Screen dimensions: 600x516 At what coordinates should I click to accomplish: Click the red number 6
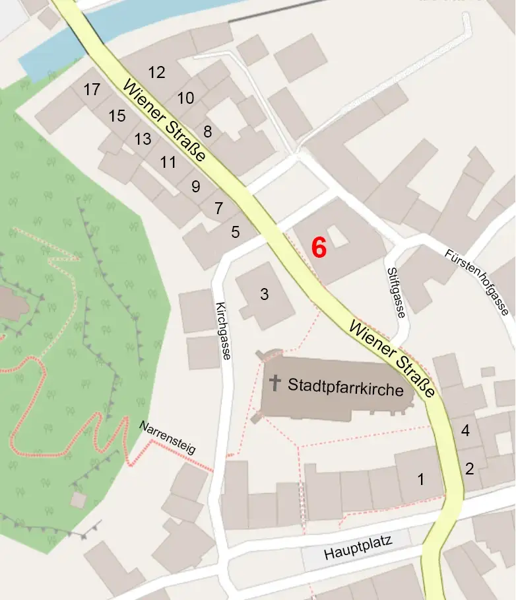[319, 248]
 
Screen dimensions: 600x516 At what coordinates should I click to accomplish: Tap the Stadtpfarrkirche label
[345, 388]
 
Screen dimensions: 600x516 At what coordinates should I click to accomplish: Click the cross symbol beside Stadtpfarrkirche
[275, 383]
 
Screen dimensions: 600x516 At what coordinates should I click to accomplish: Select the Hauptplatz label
[358, 548]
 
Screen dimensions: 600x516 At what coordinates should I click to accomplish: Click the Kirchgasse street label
[222, 330]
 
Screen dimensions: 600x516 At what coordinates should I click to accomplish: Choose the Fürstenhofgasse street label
[476, 282]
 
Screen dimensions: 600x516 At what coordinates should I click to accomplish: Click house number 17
[92, 89]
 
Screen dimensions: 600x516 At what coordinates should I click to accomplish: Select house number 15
[117, 116]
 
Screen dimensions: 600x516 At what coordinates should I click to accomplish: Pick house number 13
[143, 139]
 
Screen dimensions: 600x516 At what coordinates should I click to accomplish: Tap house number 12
[156, 73]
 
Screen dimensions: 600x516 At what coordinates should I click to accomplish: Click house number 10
[185, 98]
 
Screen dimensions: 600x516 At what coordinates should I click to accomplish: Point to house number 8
[208, 131]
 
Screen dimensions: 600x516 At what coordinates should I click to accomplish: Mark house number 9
[195, 186]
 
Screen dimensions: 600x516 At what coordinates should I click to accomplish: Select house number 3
[264, 295]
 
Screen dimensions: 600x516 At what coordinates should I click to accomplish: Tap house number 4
[465, 431]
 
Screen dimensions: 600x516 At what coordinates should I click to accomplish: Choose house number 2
[469, 469]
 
